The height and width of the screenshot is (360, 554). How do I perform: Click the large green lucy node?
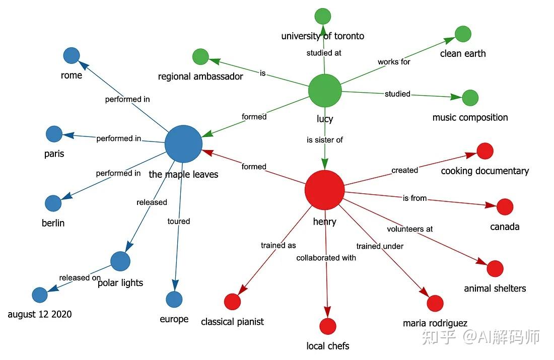point(325,91)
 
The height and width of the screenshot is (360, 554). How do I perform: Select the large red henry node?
point(325,190)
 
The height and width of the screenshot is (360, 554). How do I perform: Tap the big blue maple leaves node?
point(183,144)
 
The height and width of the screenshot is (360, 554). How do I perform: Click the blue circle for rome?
point(72,55)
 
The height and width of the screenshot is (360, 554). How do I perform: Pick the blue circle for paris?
point(54,134)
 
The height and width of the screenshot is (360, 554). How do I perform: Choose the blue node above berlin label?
point(53,203)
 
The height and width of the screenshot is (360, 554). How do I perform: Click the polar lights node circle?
point(120,261)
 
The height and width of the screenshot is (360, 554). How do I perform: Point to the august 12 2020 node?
point(39,295)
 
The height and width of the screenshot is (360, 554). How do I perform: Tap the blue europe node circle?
point(174,300)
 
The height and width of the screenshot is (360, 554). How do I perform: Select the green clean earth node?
point(463,34)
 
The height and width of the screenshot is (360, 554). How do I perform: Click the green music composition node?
point(470,98)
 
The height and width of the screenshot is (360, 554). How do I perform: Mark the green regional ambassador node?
point(200,56)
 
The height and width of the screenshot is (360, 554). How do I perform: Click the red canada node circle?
point(505,206)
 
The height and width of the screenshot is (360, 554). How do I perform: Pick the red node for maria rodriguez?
point(435,303)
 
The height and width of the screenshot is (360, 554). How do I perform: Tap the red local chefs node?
point(327,326)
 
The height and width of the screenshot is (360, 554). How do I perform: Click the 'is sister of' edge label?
point(325,140)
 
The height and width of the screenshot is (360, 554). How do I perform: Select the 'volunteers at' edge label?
point(409,229)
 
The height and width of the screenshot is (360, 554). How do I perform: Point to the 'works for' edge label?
point(394,62)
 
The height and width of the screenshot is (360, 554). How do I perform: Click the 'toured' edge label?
point(179,221)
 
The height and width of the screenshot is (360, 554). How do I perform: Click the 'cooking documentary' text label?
point(484,171)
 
